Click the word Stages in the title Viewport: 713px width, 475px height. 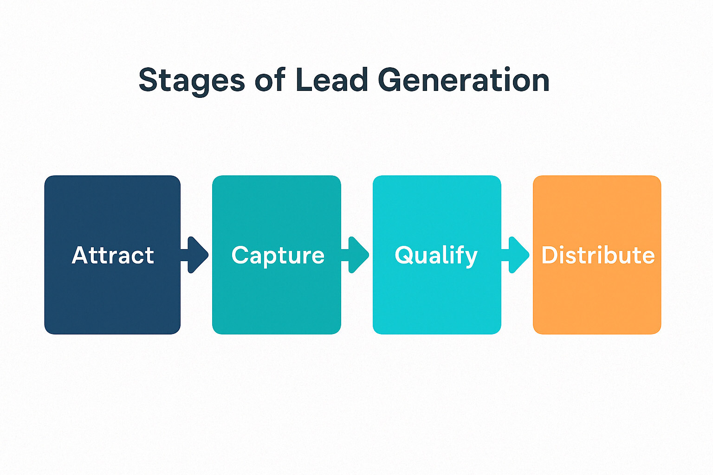[191, 81]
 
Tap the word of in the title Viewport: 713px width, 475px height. [270, 80]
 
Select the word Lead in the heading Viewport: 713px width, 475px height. [332, 80]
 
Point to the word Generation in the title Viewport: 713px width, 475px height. [464, 80]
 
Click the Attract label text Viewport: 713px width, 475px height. [113, 256]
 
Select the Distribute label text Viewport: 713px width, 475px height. [598, 256]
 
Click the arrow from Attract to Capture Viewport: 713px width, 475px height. [196, 255]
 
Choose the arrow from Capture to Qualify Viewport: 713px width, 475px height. [356, 255]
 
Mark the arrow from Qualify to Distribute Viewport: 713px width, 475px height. [517, 255]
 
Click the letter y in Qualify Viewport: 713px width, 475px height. [471, 258]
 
